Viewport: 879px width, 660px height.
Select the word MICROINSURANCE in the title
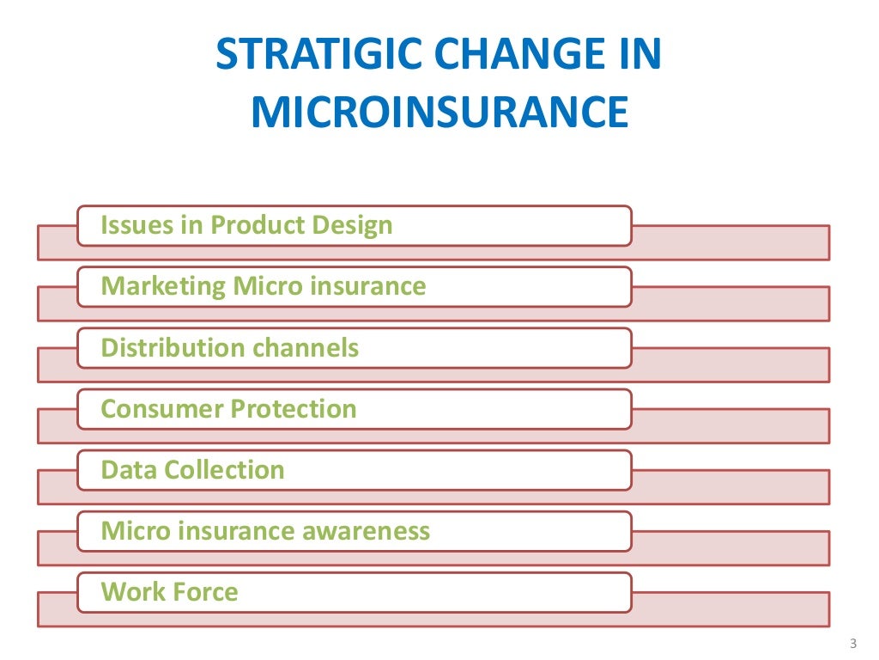(439, 113)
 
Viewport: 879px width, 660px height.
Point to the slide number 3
(853, 643)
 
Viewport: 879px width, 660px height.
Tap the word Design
(353, 226)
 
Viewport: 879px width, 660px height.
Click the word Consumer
(154, 409)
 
